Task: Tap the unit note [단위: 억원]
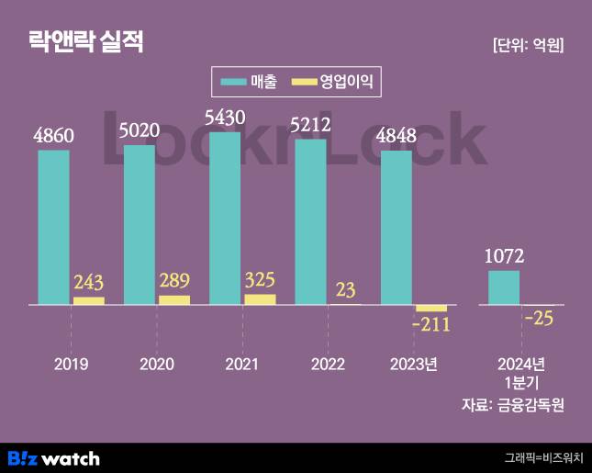[x=528, y=45]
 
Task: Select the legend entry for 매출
[x=250, y=82]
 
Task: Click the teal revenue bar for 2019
[x=53, y=227]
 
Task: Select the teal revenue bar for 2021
[x=225, y=219]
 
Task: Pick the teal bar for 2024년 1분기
[x=504, y=287]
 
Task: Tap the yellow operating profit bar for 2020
[x=174, y=299]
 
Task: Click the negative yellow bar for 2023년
[x=431, y=308]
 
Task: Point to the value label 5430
[x=225, y=119]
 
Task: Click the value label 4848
[x=397, y=137]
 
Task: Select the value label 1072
[x=504, y=257]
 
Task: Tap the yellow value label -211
[x=431, y=324]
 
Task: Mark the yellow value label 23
[x=346, y=289]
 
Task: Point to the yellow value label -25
[x=540, y=319]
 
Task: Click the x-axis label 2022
[x=328, y=364]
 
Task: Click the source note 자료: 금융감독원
[x=512, y=405]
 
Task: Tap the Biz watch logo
[x=53, y=457]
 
